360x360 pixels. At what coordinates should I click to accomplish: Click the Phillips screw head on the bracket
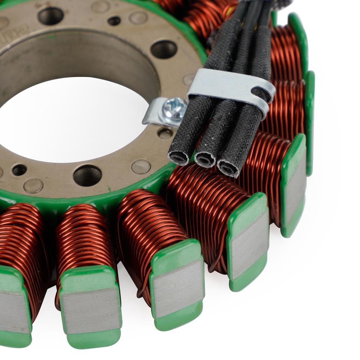pos(174,109)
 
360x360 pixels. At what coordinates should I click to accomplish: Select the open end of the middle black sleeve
pos(205,160)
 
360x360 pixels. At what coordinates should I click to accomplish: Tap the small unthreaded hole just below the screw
pos(165,133)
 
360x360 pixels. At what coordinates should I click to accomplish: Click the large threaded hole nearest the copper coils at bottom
pos(88,175)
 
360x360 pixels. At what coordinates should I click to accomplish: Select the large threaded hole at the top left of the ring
pos(51,16)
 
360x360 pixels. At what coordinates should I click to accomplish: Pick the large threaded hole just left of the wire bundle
pos(164,49)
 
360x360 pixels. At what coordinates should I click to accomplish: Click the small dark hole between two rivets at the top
pos(114,21)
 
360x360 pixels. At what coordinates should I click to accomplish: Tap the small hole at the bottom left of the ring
pos(19,170)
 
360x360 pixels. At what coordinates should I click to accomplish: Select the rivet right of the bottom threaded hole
pos(141,167)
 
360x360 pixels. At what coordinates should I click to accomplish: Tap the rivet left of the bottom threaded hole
pos(33,185)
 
